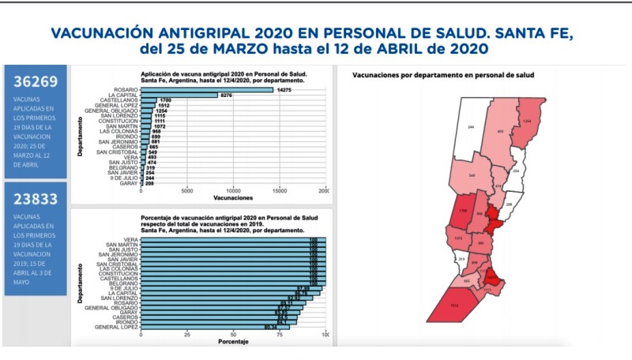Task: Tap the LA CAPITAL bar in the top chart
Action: pyautogui.click(x=179, y=96)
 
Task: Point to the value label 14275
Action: pyautogui.click(x=284, y=89)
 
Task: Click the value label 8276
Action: pyautogui.click(x=227, y=96)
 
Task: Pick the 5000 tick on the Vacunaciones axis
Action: pyautogui.click(x=187, y=191)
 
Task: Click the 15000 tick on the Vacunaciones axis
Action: pyautogui.click(x=280, y=191)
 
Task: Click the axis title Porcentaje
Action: pyautogui.click(x=233, y=341)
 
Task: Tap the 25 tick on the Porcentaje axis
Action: pyautogui.click(x=187, y=334)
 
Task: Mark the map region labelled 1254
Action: pyautogui.click(x=527, y=122)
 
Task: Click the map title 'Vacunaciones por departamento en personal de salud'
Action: pyautogui.click(x=443, y=75)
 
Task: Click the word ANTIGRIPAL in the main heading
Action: pyautogui.click(x=201, y=33)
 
